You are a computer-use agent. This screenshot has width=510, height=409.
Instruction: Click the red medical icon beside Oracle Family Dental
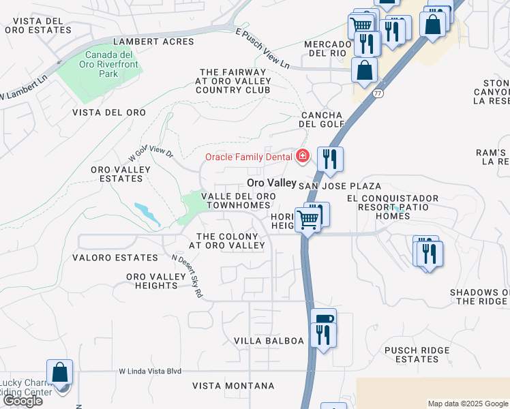301,157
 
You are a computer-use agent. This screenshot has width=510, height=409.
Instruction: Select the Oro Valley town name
271,183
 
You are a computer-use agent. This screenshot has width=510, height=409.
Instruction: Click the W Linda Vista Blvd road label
150,371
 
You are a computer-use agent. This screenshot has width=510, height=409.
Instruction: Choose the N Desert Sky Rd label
187,276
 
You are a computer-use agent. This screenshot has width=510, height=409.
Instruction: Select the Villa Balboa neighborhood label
269,340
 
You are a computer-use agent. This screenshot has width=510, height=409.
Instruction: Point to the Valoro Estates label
115,258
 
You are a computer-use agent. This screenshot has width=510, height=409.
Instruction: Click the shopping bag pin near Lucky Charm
60,373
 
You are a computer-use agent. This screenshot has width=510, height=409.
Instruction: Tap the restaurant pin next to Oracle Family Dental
330,159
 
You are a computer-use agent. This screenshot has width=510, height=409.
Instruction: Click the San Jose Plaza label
340,186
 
